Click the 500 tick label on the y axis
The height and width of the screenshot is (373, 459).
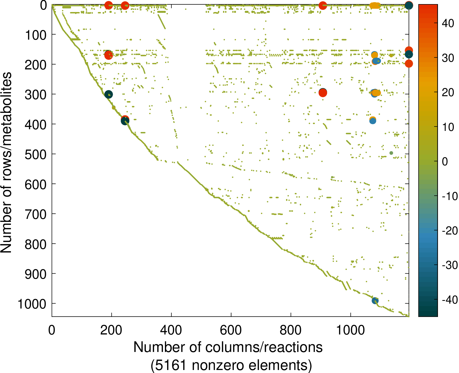click(36, 155)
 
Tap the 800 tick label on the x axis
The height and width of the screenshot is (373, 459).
click(291, 330)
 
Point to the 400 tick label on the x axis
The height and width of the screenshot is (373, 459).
click(171, 330)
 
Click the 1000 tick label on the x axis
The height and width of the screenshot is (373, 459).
click(350, 330)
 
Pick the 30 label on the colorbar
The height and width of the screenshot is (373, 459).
click(448, 58)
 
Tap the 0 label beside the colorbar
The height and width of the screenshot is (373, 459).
click(445, 162)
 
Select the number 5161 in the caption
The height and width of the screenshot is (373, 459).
click(172, 365)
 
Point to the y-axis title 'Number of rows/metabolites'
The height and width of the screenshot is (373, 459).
click(6, 163)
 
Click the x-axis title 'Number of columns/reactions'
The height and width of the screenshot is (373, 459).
click(228, 347)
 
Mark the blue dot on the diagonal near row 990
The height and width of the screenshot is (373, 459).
click(375, 301)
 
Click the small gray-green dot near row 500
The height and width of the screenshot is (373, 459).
click(391, 153)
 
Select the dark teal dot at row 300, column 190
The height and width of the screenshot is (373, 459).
click(109, 95)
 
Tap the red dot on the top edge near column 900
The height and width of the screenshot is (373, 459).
click(323, 5)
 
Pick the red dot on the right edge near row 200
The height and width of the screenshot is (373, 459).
click(409, 64)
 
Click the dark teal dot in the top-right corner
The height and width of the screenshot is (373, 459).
click(409, 5)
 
